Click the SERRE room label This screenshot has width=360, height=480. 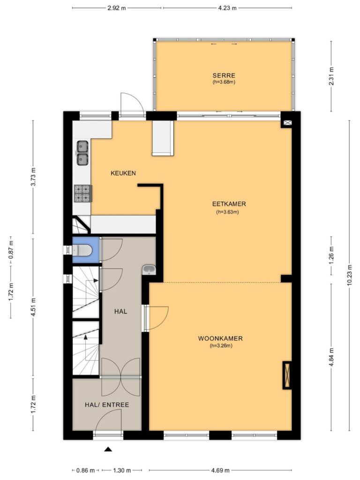click(x=224, y=75)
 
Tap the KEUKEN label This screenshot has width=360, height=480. click(x=123, y=173)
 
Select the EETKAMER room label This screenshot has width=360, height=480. click(x=229, y=204)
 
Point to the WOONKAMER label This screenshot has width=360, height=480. click(x=220, y=338)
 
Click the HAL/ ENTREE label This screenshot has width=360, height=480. click(x=107, y=405)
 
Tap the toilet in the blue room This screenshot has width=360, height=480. click(x=82, y=250)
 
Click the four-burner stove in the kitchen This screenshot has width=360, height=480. click(x=82, y=194)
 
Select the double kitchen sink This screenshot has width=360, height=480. click(x=82, y=153)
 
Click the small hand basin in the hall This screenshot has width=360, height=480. click(x=150, y=270)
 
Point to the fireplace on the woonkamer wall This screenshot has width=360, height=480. click(x=287, y=375)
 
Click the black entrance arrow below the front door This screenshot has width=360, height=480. click(x=108, y=449)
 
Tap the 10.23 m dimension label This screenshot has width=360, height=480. click(x=350, y=275)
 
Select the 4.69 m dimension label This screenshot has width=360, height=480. click(x=220, y=470)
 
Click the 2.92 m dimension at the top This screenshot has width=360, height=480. click(x=117, y=8)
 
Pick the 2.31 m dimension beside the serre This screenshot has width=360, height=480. click(x=331, y=76)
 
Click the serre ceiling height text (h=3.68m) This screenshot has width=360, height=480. click(x=224, y=82)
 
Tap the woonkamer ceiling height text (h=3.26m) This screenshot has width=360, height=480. click(x=221, y=345)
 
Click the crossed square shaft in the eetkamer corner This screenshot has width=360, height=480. click(x=287, y=123)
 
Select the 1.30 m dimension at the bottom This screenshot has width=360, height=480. click(x=122, y=470)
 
